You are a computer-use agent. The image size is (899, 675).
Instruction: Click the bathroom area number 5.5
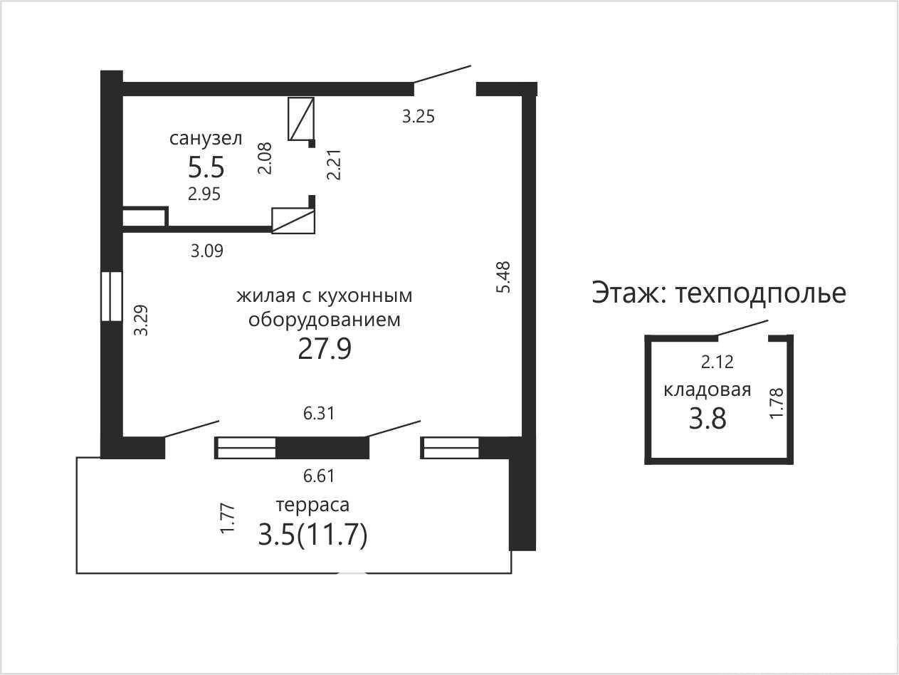coord(206,167)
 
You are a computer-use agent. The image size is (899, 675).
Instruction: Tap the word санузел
coord(206,138)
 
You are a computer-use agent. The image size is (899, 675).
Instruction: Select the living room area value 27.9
coord(325,349)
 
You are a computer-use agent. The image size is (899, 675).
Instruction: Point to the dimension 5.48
coord(503,277)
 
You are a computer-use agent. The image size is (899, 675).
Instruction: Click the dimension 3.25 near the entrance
coord(418,117)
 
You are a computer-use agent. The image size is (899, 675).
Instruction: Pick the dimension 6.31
coord(319,413)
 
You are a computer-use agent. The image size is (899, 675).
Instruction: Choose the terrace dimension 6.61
coord(319,476)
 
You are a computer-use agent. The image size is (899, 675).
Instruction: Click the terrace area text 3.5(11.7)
coord(313,535)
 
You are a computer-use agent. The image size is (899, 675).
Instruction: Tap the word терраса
coord(312,506)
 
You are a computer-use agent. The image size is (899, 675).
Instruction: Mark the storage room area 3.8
coord(708,419)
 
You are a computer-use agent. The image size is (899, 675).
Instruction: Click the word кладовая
coord(708,389)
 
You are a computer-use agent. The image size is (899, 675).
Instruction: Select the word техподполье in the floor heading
coord(761,293)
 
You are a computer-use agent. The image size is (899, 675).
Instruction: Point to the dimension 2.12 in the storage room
coord(717,362)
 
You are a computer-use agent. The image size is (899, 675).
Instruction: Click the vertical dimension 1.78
coord(777,404)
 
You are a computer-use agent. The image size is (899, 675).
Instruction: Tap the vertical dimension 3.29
coord(142,320)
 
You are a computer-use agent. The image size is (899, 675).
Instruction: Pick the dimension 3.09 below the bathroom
coord(207,251)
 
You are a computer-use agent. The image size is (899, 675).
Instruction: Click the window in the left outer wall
coord(112,296)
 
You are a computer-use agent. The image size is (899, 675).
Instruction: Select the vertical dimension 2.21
coord(335,164)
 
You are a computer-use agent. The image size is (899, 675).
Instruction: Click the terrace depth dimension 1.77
coord(228,518)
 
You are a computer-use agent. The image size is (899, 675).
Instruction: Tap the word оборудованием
coord(325,320)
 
